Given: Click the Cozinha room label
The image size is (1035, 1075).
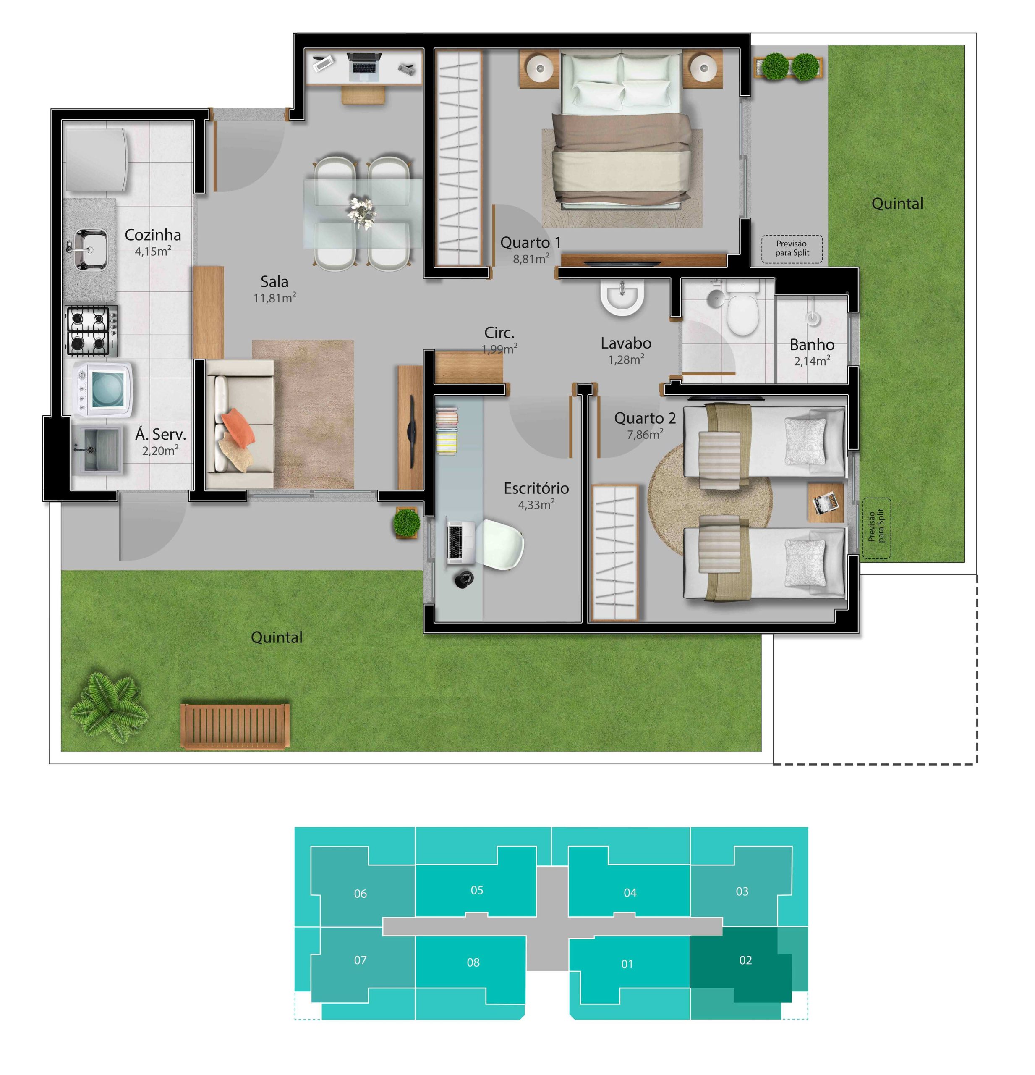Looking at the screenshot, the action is [x=152, y=235].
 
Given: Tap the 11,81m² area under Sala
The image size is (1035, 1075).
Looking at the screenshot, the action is [x=274, y=298].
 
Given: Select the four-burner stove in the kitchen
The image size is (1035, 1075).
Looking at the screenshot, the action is [x=92, y=331].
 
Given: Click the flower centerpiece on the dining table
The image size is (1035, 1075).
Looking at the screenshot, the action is [x=362, y=212].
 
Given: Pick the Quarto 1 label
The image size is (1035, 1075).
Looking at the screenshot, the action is [x=530, y=242].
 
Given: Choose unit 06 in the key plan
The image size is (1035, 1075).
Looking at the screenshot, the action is [x=360, y=894].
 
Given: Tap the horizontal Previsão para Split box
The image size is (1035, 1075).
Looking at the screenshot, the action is [x=792, y=249].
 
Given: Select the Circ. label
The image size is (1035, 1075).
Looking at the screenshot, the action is [x=499, y=333].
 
